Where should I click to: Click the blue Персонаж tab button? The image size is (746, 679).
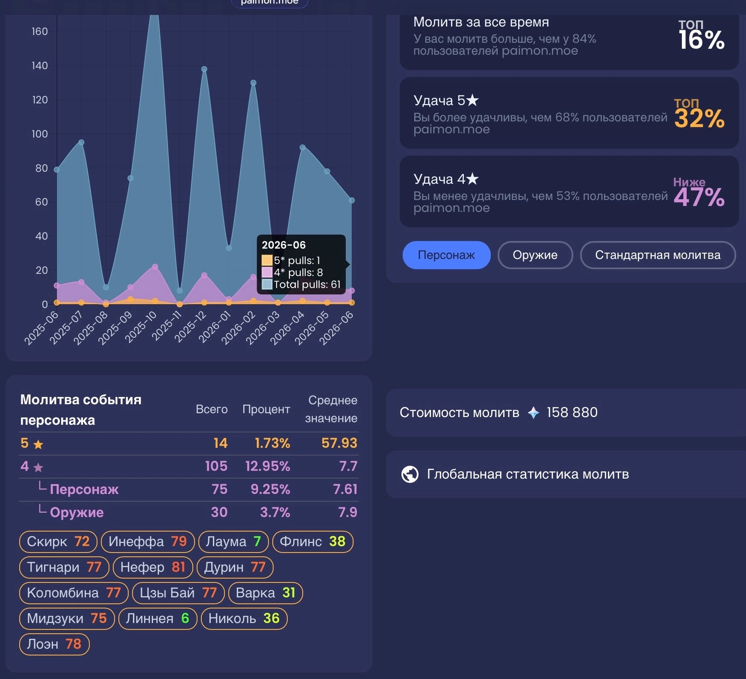pos(446,255)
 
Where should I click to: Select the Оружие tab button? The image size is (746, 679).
pos(535,255)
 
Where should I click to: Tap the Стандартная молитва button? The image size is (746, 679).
pos(658,255)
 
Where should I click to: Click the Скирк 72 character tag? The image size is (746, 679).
pos(58,541)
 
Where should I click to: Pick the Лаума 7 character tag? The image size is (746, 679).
pos(233,541)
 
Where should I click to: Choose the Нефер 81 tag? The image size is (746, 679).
pos(153,567)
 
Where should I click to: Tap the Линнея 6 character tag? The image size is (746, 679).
pos(157,618)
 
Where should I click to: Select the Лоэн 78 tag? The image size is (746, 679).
pos(54,644)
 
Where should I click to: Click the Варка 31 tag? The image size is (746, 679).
pos(265,593)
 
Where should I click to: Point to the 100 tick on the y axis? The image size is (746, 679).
pos(40,134)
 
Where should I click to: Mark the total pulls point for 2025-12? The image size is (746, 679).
pos(204,69)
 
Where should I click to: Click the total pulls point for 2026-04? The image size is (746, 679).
pos(303,147)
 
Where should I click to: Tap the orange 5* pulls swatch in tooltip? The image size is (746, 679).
pos(267,260)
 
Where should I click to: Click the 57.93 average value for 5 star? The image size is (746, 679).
pos(339,443)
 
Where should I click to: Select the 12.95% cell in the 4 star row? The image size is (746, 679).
pos(268,466)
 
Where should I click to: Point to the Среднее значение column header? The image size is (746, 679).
pos(331,409)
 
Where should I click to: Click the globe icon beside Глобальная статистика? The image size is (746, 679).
pos(410,474)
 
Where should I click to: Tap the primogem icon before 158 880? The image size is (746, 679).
pos(534,412)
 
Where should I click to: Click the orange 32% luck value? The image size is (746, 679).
pos(699,118)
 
